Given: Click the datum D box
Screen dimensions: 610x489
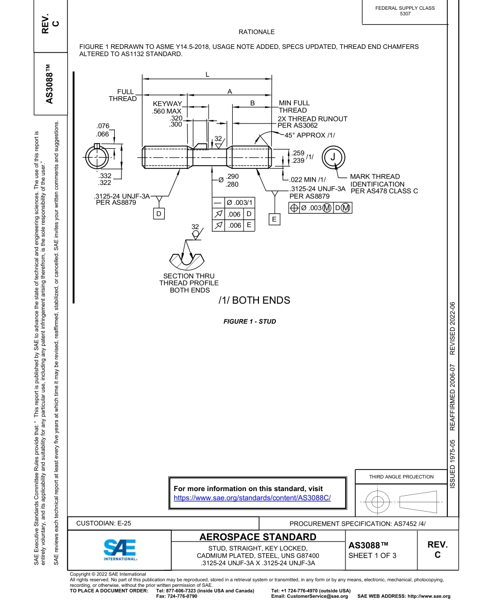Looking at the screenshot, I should [159, 213].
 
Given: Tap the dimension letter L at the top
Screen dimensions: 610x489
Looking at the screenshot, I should [207, 74].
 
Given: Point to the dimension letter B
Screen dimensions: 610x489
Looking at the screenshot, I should [252, 103].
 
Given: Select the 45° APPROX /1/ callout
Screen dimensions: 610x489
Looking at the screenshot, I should [310, 135].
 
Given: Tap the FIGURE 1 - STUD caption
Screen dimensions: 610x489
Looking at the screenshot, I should [249, 322].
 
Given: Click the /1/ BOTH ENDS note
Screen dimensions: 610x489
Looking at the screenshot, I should [254, 301].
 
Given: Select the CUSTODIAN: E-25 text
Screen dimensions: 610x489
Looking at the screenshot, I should [103, 523].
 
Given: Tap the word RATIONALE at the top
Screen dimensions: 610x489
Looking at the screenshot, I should [256, 32].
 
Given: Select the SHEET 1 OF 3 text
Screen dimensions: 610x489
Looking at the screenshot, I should [372, 555].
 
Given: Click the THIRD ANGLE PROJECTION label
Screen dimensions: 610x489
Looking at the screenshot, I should [401, 477].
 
